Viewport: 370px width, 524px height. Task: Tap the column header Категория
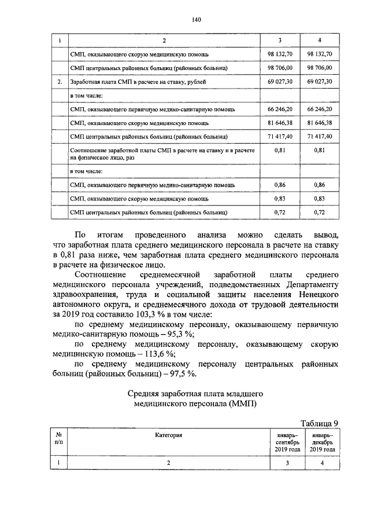[169, 434]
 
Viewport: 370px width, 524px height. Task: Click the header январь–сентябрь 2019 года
[285, 442]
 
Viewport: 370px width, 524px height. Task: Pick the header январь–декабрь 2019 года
[322, 442]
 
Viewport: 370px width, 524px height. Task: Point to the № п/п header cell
[58, 438]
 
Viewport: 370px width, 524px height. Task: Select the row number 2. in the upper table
[60, 82]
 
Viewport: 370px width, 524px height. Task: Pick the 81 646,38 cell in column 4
[321, 123]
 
